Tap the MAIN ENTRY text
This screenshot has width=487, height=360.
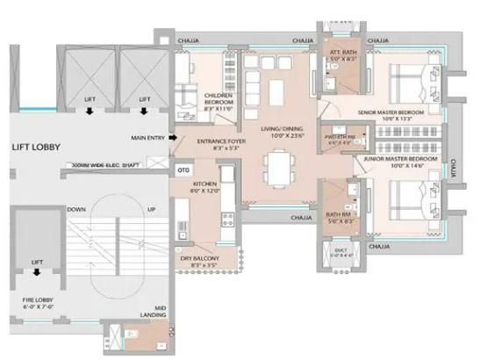tap(149, 138)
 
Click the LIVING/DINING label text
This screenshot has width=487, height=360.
tap(281, 132)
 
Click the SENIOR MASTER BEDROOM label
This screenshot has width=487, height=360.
tap(390, 115)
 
